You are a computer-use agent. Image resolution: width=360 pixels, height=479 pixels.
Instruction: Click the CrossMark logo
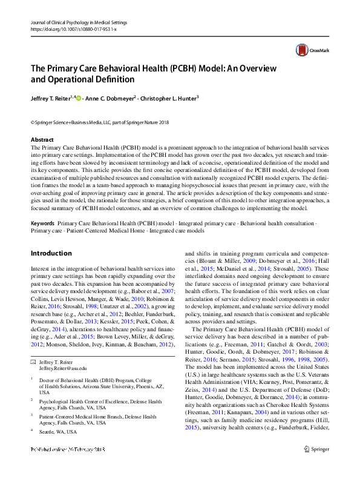pyautogui.click(x=310, y=50)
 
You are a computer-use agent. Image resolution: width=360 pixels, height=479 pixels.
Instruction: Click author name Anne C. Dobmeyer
pyautogui.click(x=111, y=97)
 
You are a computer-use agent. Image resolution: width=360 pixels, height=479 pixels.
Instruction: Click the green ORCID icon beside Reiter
pyautogui.click(x=78, y=97)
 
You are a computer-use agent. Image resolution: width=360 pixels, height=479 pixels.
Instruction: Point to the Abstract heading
pyautogui.click(x=42, y=140)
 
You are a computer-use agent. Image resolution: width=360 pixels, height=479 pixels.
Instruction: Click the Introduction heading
pyautogui.click(x=51, y=253)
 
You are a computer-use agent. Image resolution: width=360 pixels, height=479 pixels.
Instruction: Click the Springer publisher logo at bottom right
pyautogui.click(x=316, y=467)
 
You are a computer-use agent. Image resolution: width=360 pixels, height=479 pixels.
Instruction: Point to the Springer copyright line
pyautogui.click(x=99, y=122)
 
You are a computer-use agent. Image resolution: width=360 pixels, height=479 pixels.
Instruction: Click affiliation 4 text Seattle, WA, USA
pyautogui.click(x=58, y=432)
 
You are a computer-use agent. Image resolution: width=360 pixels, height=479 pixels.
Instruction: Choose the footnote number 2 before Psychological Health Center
pyautogui.click(x=32, y=400)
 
